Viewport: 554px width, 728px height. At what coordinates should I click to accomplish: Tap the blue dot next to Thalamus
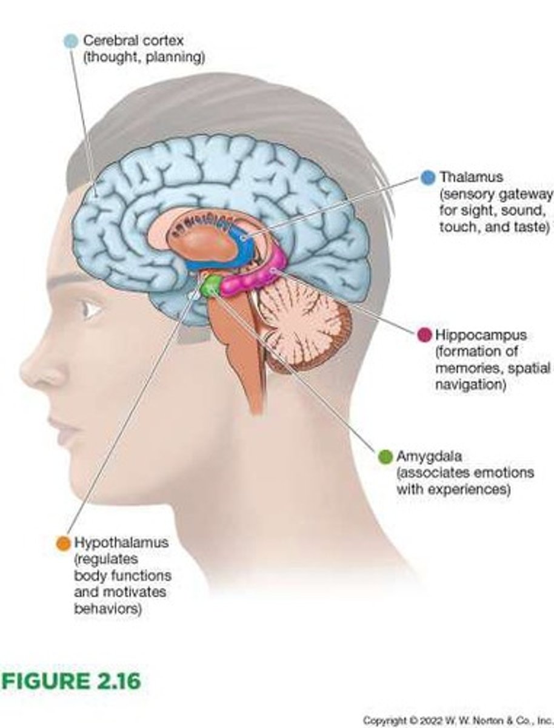[428, 177]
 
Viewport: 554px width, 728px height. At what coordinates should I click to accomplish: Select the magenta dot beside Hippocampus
[425, 335]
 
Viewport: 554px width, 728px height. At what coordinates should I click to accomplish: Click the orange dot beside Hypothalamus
[62, 543]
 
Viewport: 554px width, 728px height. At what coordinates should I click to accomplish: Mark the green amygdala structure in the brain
[210, 286]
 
